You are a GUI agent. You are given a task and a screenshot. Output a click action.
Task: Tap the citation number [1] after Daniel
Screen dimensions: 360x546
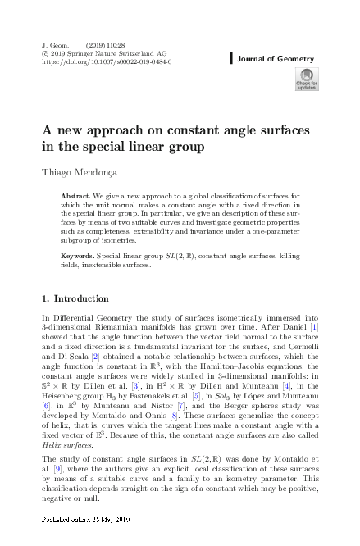pos(324,329)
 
